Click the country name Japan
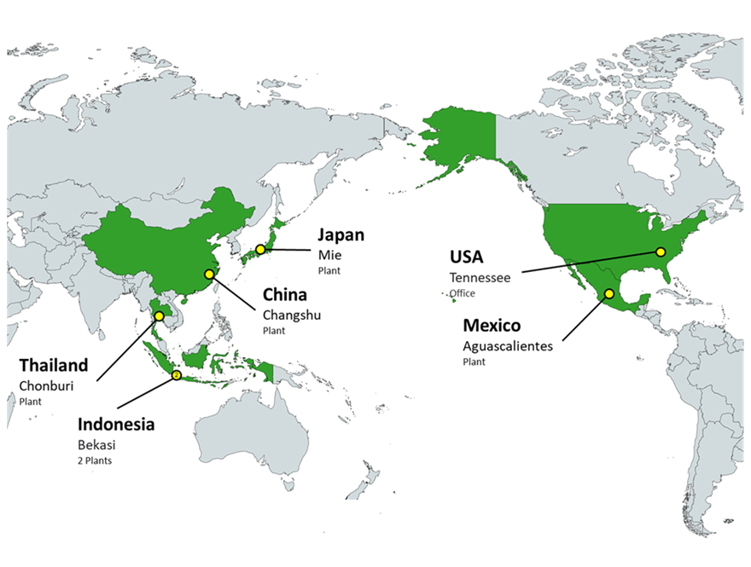coord(341,235)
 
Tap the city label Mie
coord(328,255)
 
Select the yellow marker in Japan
coord(260,250)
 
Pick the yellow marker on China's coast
coord(209,275)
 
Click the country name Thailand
coord(54,365)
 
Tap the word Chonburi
coord(45,385)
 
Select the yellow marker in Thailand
coord(159,316)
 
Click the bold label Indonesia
coord(116,424)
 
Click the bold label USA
coord(466,257)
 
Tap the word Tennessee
coord(480,277)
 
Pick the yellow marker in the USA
coord(660,252)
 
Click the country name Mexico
coord(492,326)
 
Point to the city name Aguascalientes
coord(507,346)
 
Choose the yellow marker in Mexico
coord(609,294)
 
